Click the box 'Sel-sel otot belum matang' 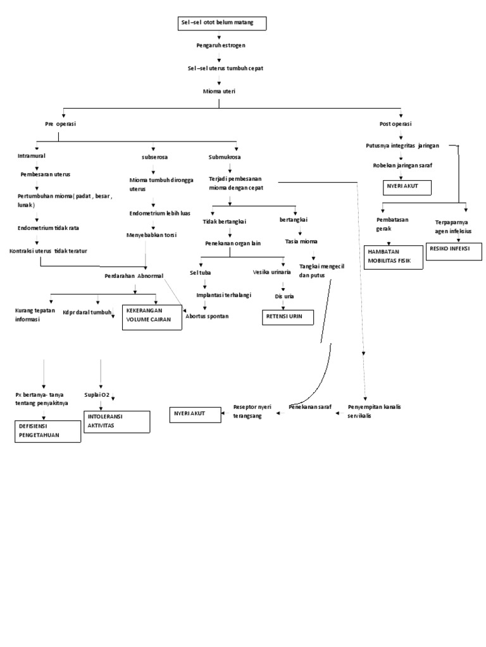pyautogui.click(x=222, y=24)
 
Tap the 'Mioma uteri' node pyautogui.click(x=219, y=91)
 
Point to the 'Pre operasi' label pyautogui.click(x=60, y=124)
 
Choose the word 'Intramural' pyautogui.click(x=32, y=155)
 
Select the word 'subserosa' pyautogui.click(x=154, y=157)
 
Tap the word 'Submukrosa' pyautogui.click(x=225, y=157)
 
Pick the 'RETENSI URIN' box pyautogui.click(x=287, y=317)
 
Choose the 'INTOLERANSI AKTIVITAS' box pyautogui.click(x=116, y=422)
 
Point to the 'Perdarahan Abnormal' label pyautogui.click(x=134, y=276)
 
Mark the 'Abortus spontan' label pyautogui.click(x=207, y=316)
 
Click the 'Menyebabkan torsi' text pyautogui.click(x=152, y=235)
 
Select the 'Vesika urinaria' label pyautogui.click(x=271, y=272)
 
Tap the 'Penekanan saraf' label pyautogui.click(x=310, y=407)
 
